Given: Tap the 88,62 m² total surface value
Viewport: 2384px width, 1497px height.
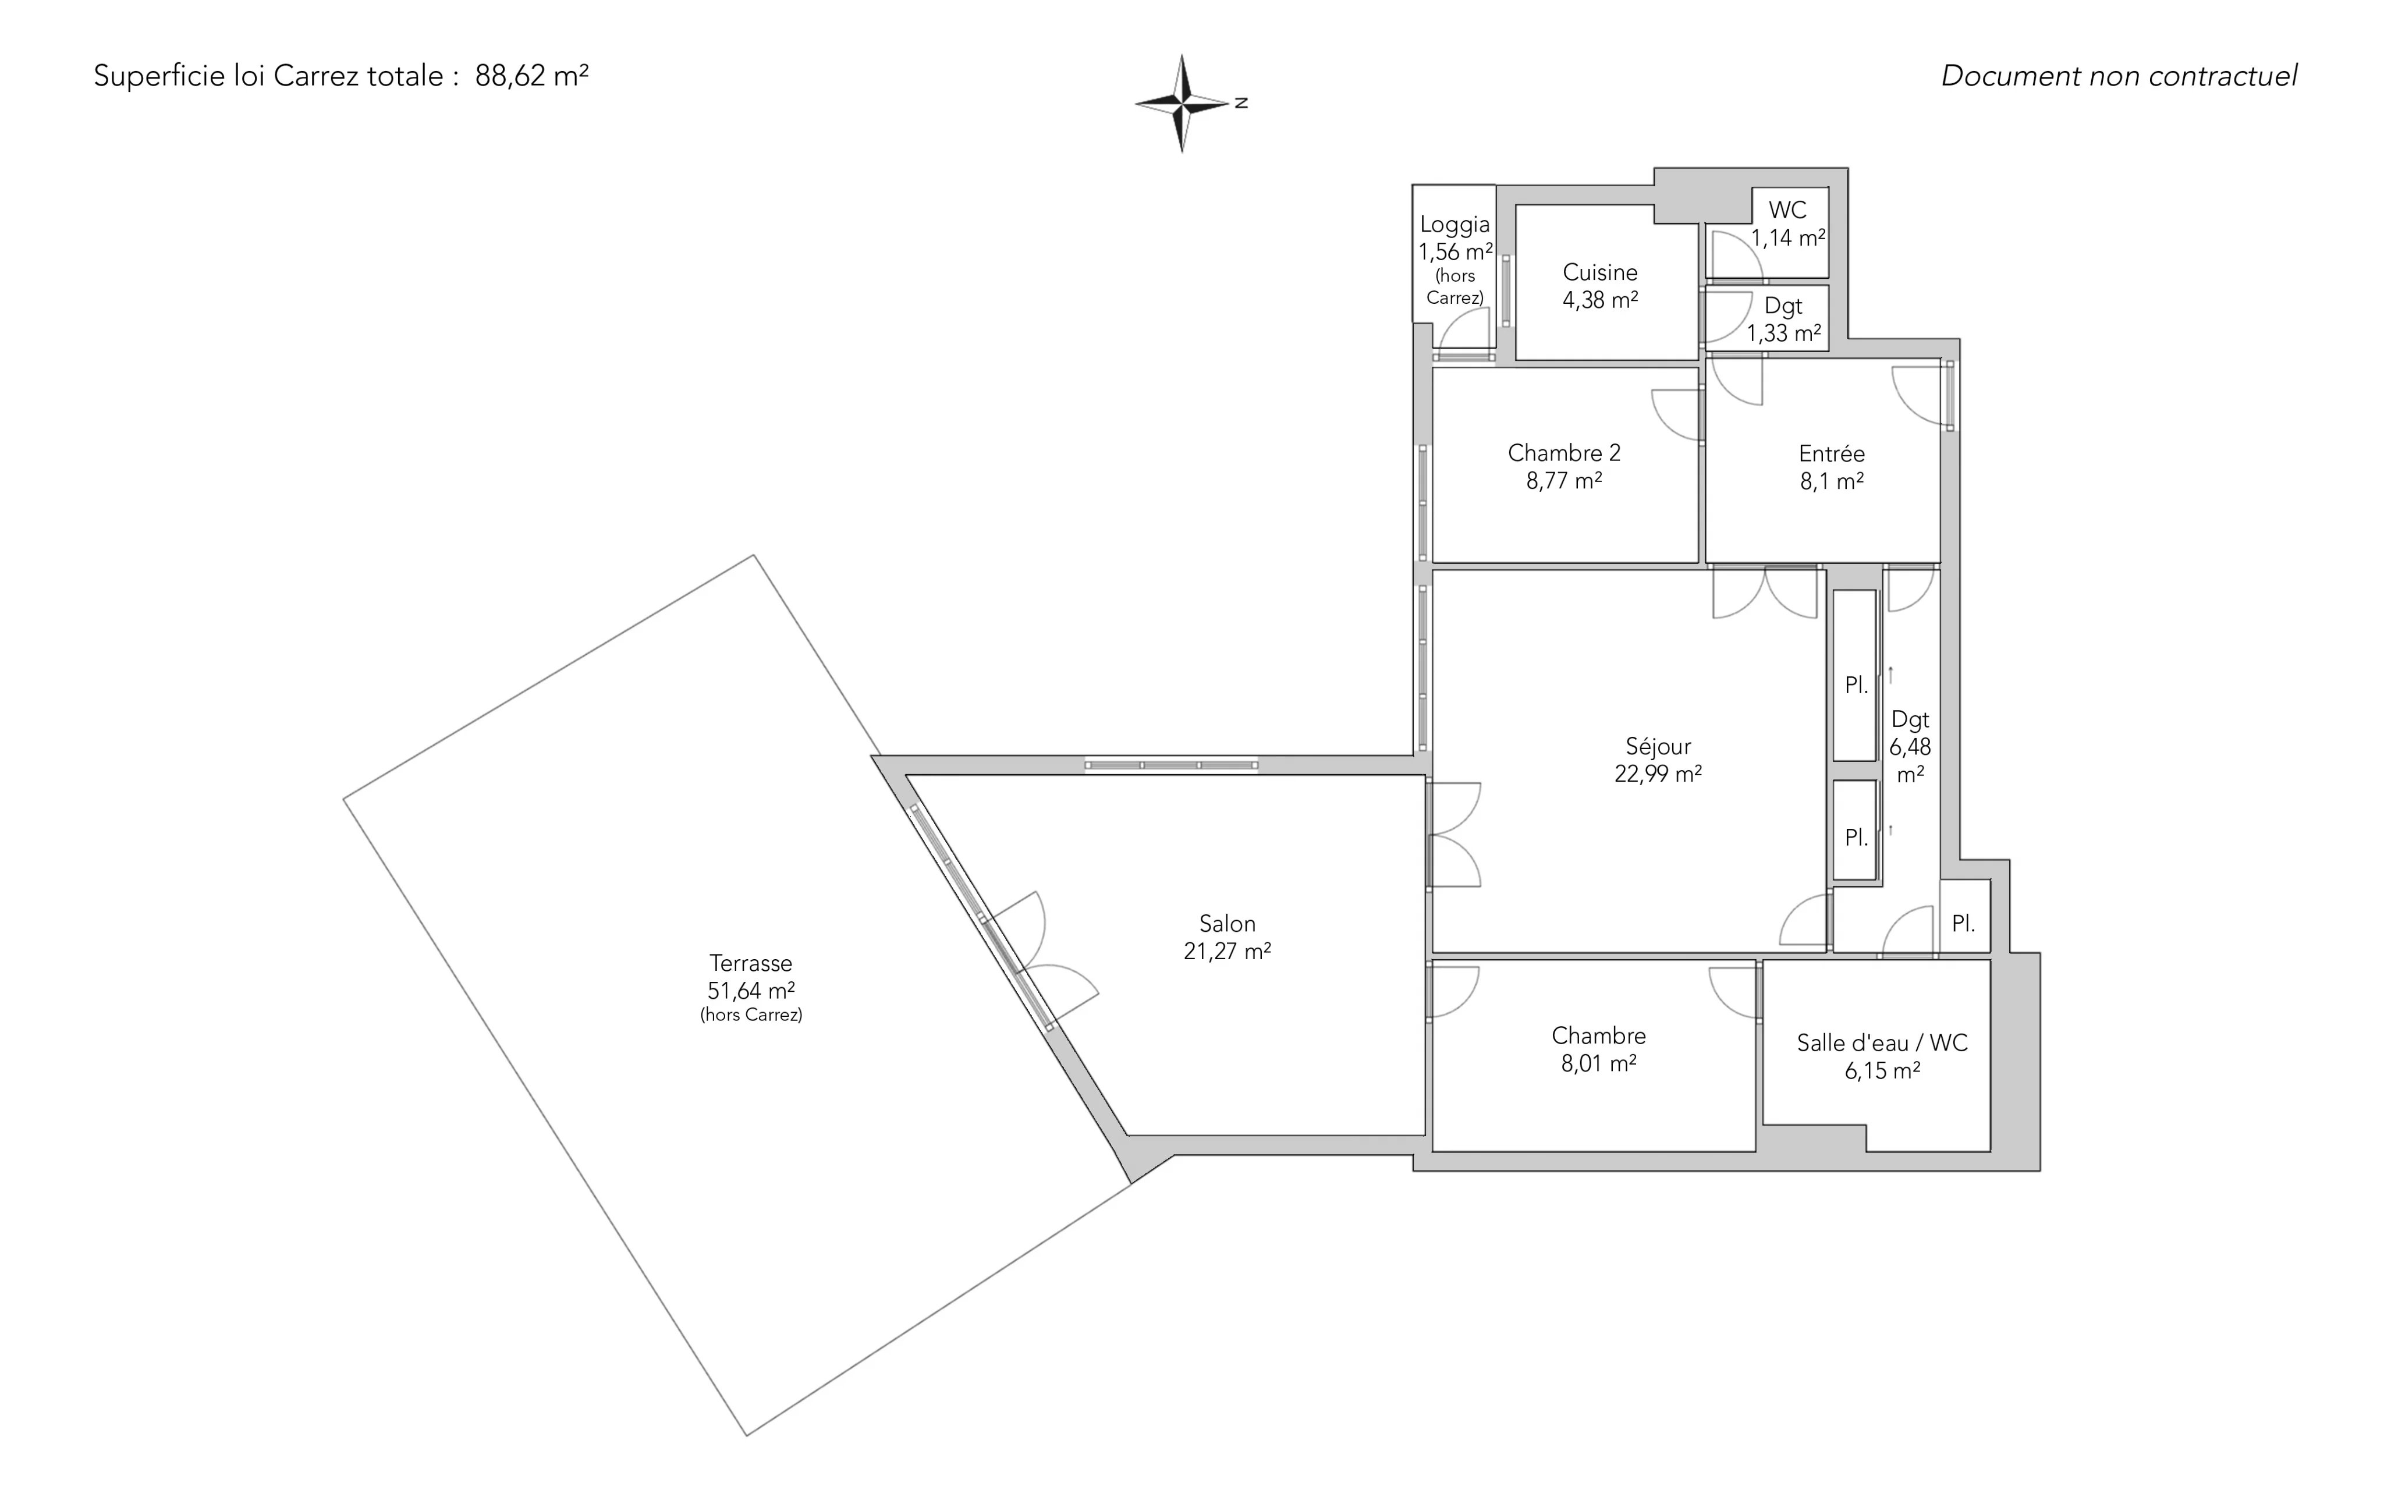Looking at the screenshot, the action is [531, 76].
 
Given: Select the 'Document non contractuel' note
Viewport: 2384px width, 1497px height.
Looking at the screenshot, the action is [2119, 76].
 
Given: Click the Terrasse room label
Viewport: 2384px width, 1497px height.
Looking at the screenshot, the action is [750, 963].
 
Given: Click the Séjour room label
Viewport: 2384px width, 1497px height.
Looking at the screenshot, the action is [1658, 747].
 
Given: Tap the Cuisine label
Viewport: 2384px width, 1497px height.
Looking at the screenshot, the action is [1600, 272].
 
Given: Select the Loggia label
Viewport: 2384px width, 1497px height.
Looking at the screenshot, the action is [1454, 225].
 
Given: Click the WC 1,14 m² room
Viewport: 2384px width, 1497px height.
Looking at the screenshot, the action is [1767, 233].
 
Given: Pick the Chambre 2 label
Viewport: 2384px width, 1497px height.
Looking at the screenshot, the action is [1564, 453].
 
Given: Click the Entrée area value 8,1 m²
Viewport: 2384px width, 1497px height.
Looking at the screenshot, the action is [1832, 482].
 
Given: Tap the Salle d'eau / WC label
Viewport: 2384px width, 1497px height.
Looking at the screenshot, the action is [1882, 1042].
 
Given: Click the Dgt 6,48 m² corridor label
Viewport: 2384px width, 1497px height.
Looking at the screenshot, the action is [1910, 747].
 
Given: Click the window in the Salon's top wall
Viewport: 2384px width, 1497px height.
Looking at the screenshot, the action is [1171, 764].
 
